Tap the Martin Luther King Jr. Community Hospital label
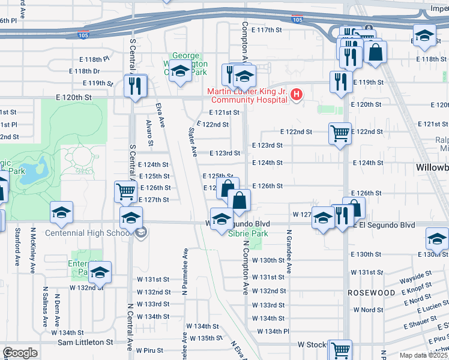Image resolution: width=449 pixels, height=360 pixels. tap(247, 96)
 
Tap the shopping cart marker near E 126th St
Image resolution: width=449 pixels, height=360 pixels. tap(126, 191)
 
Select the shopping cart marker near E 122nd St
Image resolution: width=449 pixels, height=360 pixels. tap(340, 133)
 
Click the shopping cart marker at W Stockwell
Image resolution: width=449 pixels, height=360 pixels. tap(341, 349)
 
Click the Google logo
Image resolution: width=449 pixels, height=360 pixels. tap(20, 353)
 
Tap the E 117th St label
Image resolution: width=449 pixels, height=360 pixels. tap(267, 29)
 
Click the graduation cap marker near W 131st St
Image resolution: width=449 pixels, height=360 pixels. tap(101, 272)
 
